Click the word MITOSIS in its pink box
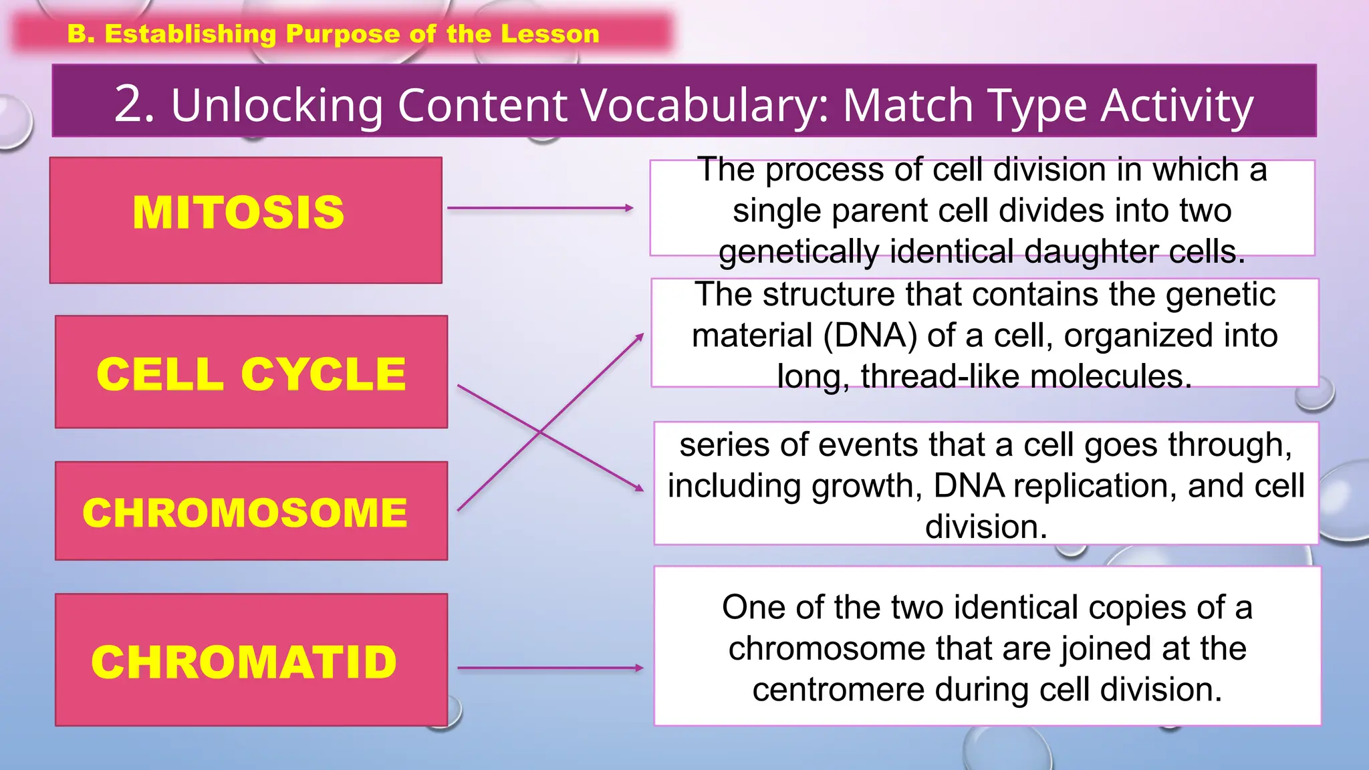pos(239,213)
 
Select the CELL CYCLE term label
pos(251,374)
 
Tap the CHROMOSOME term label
pos(245,513)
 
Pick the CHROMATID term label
pos(245,662)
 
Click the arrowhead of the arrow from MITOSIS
pos(629,208)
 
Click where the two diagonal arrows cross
pos(540,432)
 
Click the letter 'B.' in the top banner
pos(81,34)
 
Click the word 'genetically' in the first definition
pos(799,252)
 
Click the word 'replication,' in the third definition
pos(1096,486)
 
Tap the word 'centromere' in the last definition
pos(838,690)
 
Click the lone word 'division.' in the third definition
pos(986,527)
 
